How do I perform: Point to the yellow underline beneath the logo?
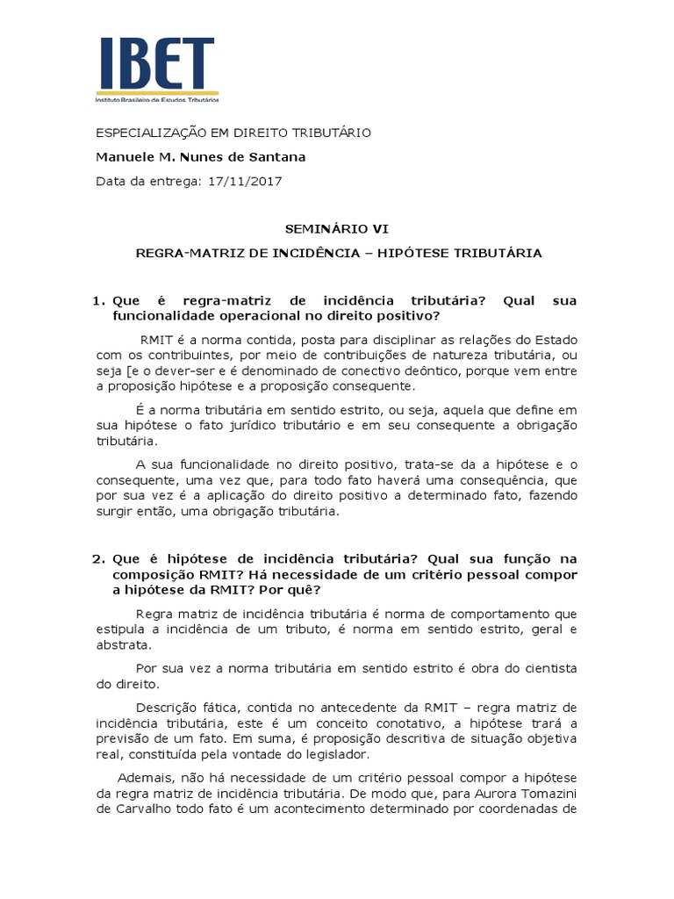(x=157, y=92)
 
